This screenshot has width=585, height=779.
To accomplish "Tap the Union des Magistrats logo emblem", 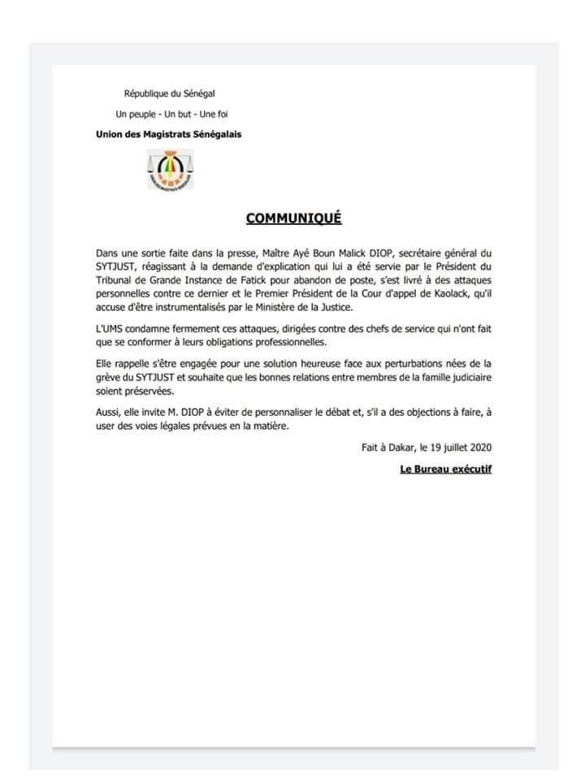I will coord(170,169).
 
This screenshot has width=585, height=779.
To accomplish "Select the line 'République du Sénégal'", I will coord(169,95).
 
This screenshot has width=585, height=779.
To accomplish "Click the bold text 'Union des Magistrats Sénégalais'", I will coord(168,133).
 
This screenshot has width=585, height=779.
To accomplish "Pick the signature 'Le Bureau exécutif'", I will coord(446,470).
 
